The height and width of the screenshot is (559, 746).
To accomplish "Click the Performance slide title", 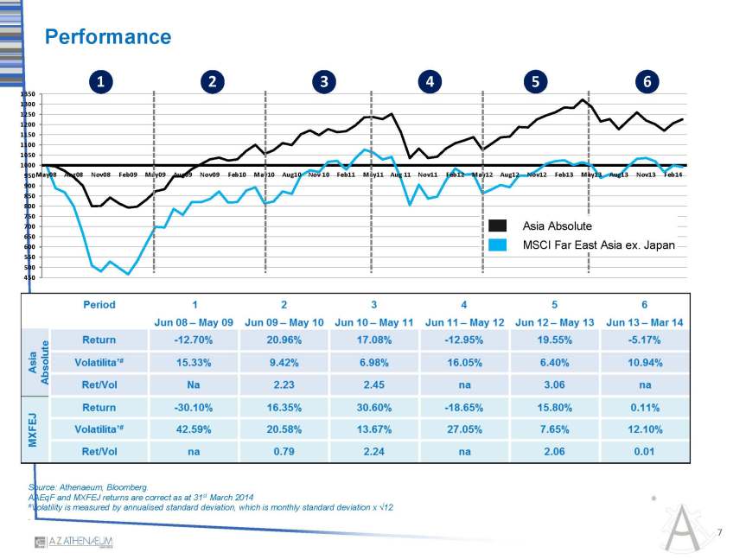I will pyautogui.click(x=108, y=37).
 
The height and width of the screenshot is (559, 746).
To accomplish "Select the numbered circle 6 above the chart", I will pyautogui.click(x=646, y=82).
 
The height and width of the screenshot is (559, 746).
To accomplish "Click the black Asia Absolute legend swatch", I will pyautogui.click(x=497, y=226).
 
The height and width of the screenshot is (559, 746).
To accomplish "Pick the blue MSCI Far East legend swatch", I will pyautogui.click(x=497, y=245).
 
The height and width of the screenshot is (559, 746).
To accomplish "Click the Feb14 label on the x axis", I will pyautogui.click(x=672, y=175).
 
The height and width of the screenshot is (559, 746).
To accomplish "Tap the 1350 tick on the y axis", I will pyautogui.click(x=29, y=94).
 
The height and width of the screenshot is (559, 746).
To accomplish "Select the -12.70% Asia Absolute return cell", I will pyautogui.click(x=194, y=340).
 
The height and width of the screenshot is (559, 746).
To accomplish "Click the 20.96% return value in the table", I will pyautogui.click(x=284, y=340).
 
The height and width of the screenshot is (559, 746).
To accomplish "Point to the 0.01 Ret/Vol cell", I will pyautogui.click(x=645, y=449).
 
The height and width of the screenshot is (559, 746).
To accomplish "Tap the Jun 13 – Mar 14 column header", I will pyautogui.click(x=645, y=321).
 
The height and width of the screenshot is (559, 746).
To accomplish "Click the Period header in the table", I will pyautogui.click(x=99, y=304).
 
